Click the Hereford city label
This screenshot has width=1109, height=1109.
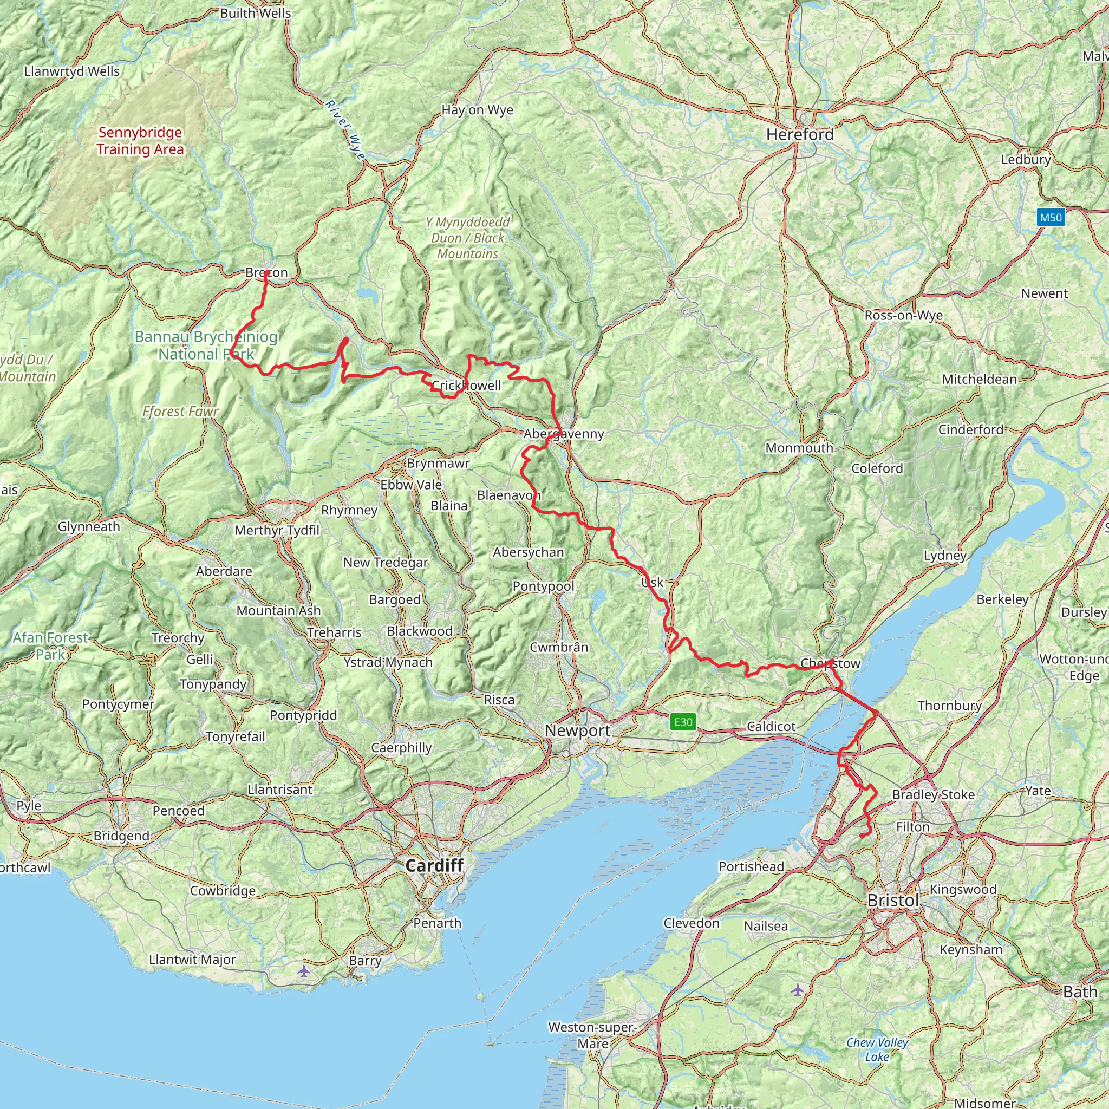(x=800, y=134)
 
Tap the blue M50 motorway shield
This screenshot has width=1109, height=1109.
(x=1051, y=218)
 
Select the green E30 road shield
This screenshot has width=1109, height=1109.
(x=683, y=722)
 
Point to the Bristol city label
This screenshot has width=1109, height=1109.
(x=892, y=900)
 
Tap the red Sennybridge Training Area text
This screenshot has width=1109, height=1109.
(x=140, y=141)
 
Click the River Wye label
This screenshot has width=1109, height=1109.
(x=345, y=131)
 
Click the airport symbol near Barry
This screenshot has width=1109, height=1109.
(x=304, y=971)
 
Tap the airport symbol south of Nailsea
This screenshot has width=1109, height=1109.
(x=797, y=990)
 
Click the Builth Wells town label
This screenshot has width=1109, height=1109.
(x=256, y=13)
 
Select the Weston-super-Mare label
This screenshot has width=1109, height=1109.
(x=592, y=1035)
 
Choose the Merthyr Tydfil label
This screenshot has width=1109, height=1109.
(x=277, y=530)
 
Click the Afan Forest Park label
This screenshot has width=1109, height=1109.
(x=50, y=646)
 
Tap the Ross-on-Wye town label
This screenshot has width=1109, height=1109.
(x=904, y=315)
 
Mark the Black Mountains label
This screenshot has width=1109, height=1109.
(x=468, y=238)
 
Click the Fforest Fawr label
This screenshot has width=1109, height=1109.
(x=180, y=412)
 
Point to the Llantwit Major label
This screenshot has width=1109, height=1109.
(x=192, y=959)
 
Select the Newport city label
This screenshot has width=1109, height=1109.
(x=577, y=730)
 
